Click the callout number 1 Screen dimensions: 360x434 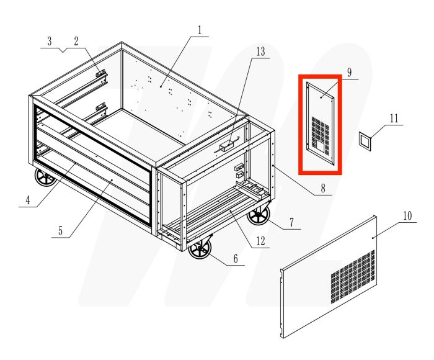(x=200, y=29)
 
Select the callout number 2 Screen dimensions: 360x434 (x=76, y=42)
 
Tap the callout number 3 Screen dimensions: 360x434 (x=49, y=42)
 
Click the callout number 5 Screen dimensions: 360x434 (x=61, y=231)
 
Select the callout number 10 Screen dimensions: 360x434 (x=407, y=216)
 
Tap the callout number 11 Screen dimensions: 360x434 (x=393, y=118)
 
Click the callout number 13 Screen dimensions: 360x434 (x=260, y=51)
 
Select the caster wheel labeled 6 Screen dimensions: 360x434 (x=200, y=250)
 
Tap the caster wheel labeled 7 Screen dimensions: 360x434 (x=257, y=217)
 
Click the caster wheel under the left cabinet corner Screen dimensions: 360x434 (x=45, y=179)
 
